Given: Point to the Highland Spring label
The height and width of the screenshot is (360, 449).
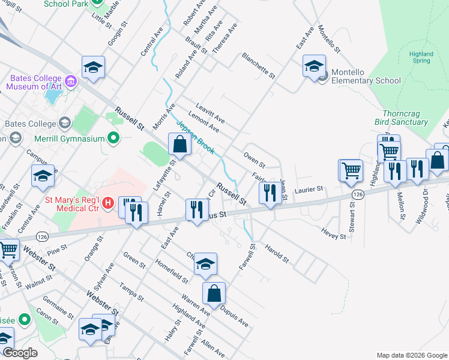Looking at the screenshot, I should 421,57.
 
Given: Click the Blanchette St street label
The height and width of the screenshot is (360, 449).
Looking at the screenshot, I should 258,66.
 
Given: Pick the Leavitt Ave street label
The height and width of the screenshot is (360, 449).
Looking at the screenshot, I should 210,112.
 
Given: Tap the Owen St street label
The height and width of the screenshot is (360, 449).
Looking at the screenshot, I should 254,160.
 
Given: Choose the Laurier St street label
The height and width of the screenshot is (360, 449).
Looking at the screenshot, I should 309,190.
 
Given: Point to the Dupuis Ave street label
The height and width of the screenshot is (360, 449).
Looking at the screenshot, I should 234,316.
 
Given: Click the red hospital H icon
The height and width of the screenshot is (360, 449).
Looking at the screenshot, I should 108,203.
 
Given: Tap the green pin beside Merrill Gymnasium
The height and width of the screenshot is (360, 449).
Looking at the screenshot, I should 113,139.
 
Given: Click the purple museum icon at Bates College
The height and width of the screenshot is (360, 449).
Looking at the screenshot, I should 71,80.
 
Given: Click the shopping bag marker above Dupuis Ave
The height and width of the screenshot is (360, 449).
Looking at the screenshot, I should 214,293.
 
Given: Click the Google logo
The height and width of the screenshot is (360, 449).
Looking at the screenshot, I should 20,353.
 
